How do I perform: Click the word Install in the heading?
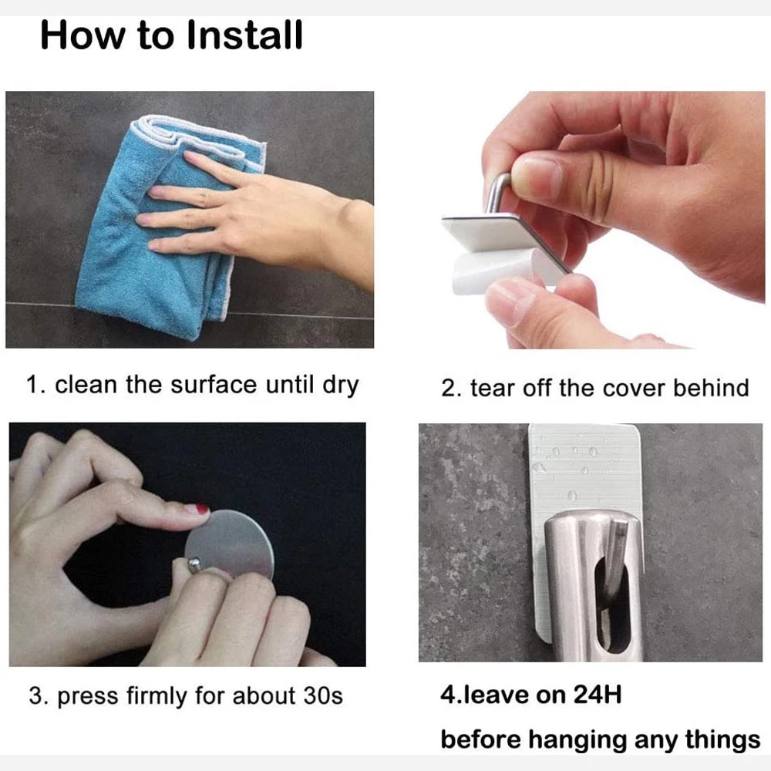[x=244, y=35]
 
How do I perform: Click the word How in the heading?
[x=82, y=35]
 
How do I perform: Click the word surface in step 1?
[x=214, y=385]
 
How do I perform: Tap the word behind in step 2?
[x=711, y=388]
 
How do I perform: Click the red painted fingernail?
[x=202, y=509]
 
